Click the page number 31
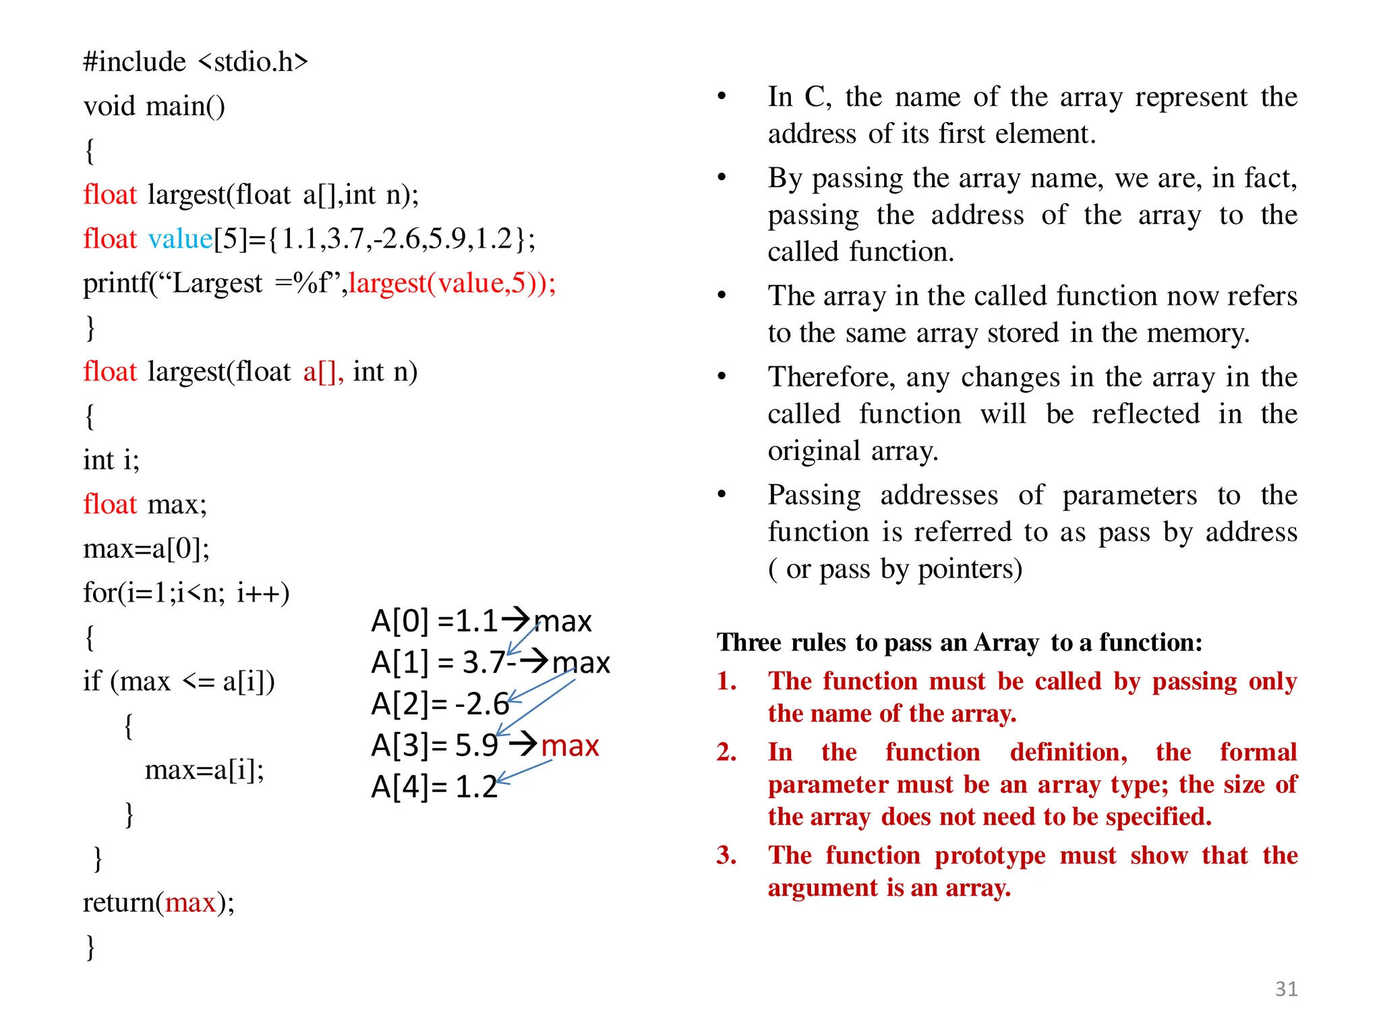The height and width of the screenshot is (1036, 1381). pos(1286,989)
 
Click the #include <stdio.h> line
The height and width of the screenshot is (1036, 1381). pos(196,62)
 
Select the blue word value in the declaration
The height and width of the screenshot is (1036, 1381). pos(180,239)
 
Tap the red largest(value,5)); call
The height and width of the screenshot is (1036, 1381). pos(452,283)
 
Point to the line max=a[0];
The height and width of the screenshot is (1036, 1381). pos(146,549)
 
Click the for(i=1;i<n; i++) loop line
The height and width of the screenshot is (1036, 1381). pos(186,593)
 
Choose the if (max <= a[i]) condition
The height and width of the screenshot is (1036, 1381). pos(179,681)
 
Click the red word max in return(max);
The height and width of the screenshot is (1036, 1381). pos(190,902)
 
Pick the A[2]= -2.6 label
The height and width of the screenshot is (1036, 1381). pos(440,704)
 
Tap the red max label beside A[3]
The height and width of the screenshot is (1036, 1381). pos(570,746)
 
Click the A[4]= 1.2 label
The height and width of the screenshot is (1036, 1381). pos(434,787)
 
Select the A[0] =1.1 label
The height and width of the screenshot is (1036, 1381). pos(434,621)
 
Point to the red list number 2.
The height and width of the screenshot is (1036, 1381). pos(726,752)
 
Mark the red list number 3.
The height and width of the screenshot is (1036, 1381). pos(726,855)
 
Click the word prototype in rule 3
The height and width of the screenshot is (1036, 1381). pos(990,855)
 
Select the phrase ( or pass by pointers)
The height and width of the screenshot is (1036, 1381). pos(895,569)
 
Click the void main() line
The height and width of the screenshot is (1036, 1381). pos(154,107)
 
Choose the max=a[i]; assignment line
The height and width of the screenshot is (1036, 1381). pos(204,770)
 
